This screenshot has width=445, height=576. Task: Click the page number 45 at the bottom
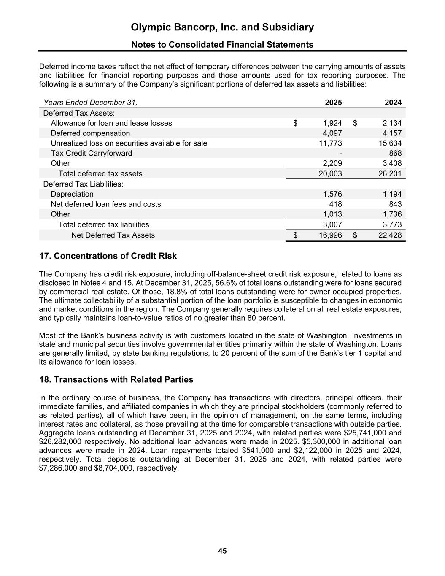coord(222,551)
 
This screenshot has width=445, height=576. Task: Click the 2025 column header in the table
coord(333,103)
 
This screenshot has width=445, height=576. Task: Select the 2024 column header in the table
coord(393,103)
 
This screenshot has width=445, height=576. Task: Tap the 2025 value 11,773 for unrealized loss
coord(330,143)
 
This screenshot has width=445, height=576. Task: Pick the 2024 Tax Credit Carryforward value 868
coord(395,153)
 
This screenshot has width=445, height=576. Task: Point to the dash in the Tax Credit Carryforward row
coord(340,153)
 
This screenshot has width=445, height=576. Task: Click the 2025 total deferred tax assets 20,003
coord(330,173)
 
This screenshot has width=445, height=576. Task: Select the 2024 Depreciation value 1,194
coord(391,194)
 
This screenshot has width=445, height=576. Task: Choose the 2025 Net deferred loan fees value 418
coord(335,204)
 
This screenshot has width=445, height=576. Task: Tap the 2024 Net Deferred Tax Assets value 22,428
coord(390,235)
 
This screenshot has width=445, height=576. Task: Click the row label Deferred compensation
coord(90,133)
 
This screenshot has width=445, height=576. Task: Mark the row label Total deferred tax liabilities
coord(103,224)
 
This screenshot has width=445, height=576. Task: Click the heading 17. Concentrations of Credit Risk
coord(108,256)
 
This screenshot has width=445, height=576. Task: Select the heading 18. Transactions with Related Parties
coord(116,380)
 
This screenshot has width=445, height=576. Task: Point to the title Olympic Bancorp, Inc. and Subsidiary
coord(222,27)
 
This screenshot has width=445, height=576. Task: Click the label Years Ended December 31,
coord(90,103)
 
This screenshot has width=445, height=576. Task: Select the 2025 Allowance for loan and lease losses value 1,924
coord(332,123)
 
